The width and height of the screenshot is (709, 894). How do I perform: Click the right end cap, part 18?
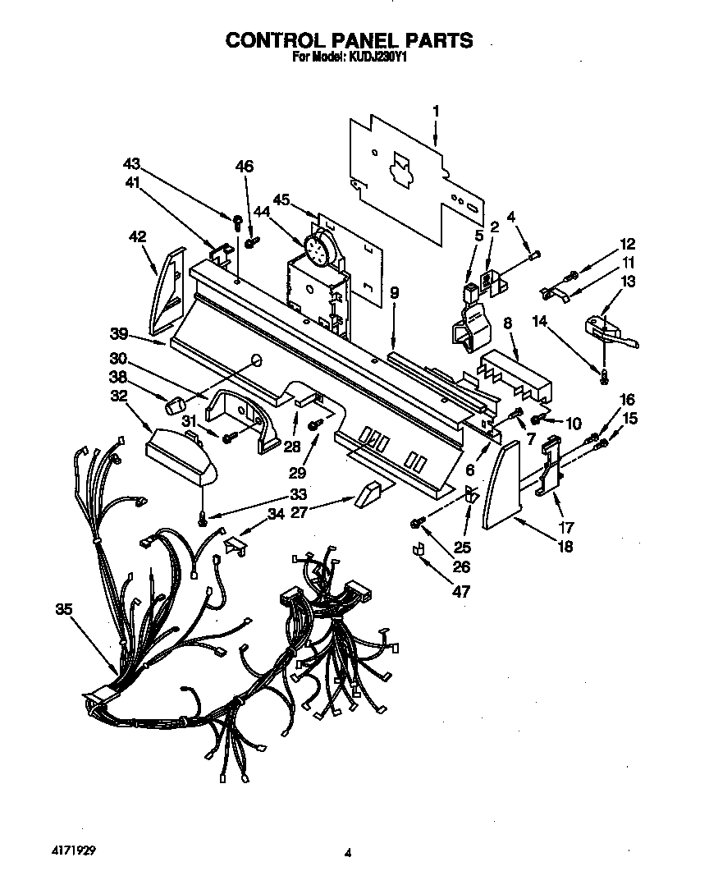coord(501,484)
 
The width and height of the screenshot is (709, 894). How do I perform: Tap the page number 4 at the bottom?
coord(348,853)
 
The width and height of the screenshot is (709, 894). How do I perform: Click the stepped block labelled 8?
coord(514,365)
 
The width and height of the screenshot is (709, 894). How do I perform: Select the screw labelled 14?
coord(603,375)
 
